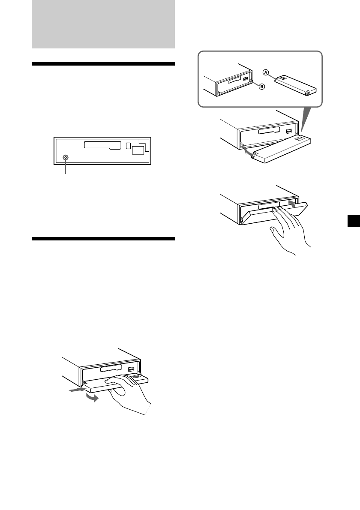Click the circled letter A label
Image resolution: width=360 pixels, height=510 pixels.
[x=266, y=72]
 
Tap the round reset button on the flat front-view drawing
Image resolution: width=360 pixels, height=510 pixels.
[x=66, y=158]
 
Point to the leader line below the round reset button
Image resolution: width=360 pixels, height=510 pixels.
[x=66, y=168]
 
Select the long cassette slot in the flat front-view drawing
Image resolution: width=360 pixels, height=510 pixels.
[x=102, y=145]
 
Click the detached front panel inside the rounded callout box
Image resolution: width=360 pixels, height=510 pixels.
[x=296, y=85]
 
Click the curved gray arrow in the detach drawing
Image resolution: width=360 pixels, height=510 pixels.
[x=92, y=398]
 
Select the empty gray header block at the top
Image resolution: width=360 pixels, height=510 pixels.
[x=103, y=24]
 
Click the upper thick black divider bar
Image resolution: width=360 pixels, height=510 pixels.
[x=103, y=64]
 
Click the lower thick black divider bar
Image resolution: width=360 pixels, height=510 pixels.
[x=103, y=239]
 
